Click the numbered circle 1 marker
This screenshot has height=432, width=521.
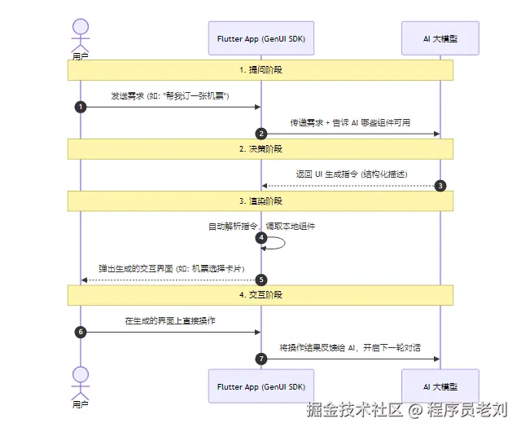coord(81,107)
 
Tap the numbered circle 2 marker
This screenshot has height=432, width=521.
coord(261,133)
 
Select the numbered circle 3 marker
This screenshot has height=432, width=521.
coord(440,185)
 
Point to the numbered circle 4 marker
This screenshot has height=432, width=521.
coord(261,237)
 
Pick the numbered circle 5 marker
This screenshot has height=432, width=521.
coord(261,280)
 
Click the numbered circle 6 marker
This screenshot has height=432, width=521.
coord(81,332)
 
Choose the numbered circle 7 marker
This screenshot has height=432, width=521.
coord(261,358)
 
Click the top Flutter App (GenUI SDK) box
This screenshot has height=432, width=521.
coord(260,38)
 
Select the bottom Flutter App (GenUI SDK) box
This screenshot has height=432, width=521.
coord(260,386)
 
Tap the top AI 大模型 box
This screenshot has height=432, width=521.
coord(440,38)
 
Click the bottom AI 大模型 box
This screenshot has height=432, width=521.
coord(440,386)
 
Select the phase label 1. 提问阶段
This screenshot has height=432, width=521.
coord(260,71)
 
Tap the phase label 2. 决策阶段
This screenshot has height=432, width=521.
coord(260,149)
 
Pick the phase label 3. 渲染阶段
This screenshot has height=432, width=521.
coord(260,201)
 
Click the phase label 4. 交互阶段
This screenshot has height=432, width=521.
coord(260,295)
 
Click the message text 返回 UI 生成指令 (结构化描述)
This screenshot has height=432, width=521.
coord(351,174)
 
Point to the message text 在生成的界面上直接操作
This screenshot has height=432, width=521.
coord(170,321)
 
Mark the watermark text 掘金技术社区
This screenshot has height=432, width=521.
coord(352,410)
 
